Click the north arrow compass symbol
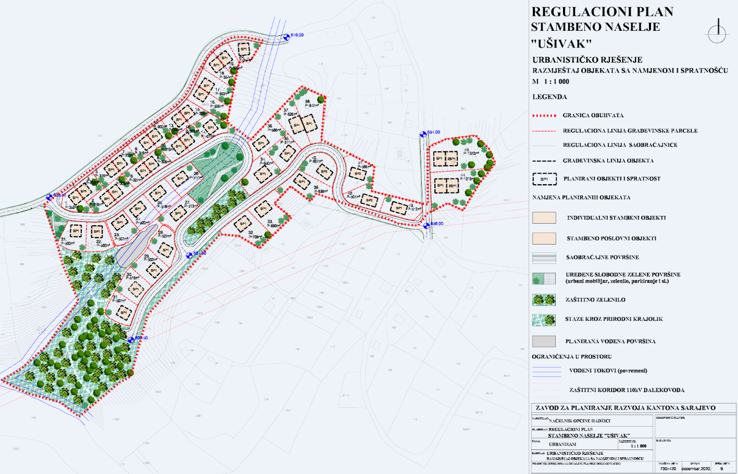pyautogui.click(x=717, y=32)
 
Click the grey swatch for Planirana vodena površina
pyautogui.click(x=544, y=341)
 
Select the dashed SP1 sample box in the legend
pyautogui.click(x=544, y=179)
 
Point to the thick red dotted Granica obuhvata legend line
pyautogui.click(x=544, y=115)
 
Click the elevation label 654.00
pyautogui.click(x=434, y=132)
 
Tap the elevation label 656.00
pyautogui.click(x=436, y=224)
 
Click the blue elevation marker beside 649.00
pyautogui.click(x=286, y=37)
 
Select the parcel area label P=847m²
pyautogui.click(x=311, y=105)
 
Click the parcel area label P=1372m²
pyautogui.click(x=471, y=153)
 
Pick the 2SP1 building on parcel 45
pyautogui.click(x=451, y=159)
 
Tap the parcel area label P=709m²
pyautogui.click(x=255, y=237)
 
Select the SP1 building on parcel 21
pyautogui.click(x=76, y=230)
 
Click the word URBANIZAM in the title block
pyautogui.click(x=562, y=444)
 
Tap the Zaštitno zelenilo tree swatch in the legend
pyautogui.click(x=544, y=300)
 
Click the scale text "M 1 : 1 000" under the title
pyautogui.click(x=551, y=81)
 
